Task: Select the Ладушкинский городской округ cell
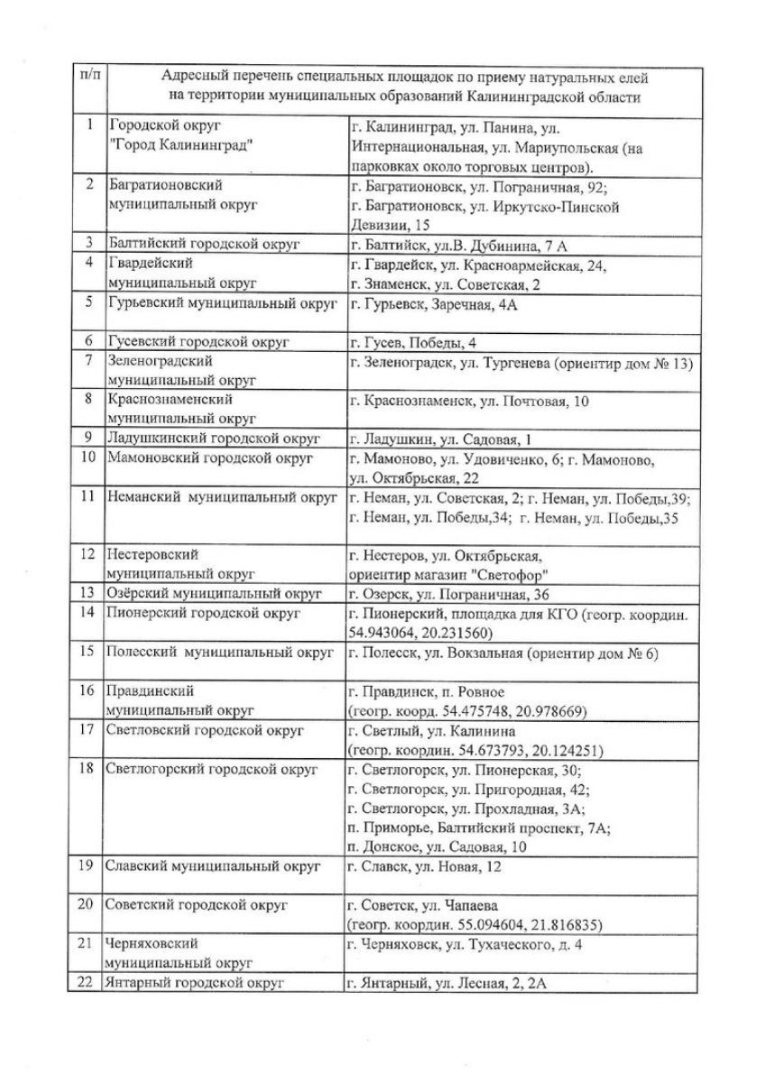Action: coord(214,439)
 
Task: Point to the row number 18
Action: coord(87,769)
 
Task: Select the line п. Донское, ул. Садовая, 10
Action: coord(438,846)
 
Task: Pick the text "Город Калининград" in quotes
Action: coord(178,145)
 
